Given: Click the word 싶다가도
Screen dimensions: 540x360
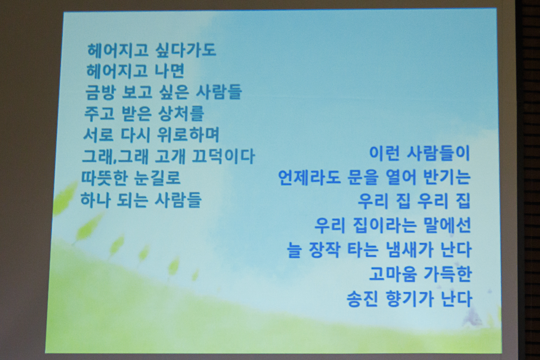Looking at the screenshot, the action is click(x=185, y=51).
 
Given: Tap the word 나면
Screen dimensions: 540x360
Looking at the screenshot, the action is click(x=169, y=71).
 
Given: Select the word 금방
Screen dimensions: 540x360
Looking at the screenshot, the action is click(x=100, y=92).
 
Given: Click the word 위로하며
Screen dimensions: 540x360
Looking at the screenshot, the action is click(x=188, y=135).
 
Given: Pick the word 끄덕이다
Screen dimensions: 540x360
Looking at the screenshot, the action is click(x=223, y=157).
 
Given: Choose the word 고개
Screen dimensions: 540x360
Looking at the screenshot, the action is click(x=170, y=157).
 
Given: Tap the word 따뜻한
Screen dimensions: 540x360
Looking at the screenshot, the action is click(x=104, y=178).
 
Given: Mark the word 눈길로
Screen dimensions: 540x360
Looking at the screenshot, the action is click(x=157, y=178).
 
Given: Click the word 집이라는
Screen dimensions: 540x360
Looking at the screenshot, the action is click(x=384, y=226).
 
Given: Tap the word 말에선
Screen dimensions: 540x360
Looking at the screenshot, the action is click(x=447, y=226).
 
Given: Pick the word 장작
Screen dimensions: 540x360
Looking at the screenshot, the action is click(x=324, y=250).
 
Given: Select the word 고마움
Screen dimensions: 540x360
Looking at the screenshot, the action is click(x=393, y=274).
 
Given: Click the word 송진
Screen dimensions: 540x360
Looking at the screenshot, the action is click(x=362, y=299).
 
